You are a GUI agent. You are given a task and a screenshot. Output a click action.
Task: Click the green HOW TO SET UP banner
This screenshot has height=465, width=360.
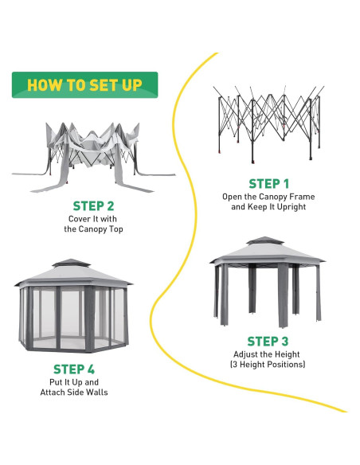(84, 85)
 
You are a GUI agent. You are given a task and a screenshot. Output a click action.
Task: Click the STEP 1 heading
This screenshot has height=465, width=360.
(268, 184)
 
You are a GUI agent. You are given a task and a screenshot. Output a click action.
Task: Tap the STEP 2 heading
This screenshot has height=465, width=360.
(93, 206)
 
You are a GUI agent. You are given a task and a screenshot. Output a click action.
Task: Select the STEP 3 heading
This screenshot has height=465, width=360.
(268, 342)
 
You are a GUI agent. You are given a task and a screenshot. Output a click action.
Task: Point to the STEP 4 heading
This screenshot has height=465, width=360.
(74, 369)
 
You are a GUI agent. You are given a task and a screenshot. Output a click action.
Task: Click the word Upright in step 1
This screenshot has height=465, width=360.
(292, 207)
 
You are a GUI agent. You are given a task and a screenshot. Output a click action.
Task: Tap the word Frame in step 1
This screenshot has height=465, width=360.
(302, 197)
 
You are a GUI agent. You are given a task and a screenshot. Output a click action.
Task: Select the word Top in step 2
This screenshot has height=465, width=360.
(115, 229)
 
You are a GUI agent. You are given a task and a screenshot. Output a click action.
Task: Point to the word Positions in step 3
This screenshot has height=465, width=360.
(288, 365)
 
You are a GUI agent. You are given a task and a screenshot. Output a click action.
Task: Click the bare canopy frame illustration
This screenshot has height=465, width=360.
(268, 124)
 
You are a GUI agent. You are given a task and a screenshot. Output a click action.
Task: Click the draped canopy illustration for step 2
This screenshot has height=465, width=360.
(93, 157)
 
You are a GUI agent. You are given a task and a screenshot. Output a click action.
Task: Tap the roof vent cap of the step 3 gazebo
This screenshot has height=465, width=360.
(264, 240)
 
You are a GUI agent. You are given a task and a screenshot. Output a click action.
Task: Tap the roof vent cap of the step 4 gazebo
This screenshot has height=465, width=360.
(71, 263)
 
